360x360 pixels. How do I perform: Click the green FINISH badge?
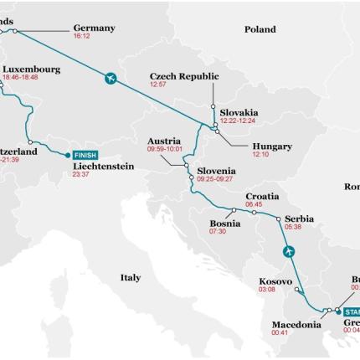[85, 155]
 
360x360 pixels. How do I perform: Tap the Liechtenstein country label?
[103, 166]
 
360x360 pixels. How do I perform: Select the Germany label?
[94, 28]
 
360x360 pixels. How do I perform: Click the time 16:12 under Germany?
[81, 37]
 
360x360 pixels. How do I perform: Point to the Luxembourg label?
[31, 69]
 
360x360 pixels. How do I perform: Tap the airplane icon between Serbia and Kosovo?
[289, 251]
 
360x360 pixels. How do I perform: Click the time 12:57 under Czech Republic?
[158, 85]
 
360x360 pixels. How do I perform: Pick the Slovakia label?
[239, 112]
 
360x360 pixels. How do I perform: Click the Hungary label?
[272, 147]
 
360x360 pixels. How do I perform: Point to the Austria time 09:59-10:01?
[164, 149]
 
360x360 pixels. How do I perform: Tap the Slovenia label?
[216, 171]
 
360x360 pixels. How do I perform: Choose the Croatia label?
[262, 196]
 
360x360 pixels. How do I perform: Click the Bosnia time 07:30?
[217, 232]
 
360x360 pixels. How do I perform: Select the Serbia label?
[299, 218]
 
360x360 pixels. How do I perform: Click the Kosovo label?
[275, 281]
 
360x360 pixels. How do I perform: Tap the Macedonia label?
[296, 324]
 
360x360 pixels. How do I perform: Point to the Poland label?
[260, 29]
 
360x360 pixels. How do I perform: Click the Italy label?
[130, 277]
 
